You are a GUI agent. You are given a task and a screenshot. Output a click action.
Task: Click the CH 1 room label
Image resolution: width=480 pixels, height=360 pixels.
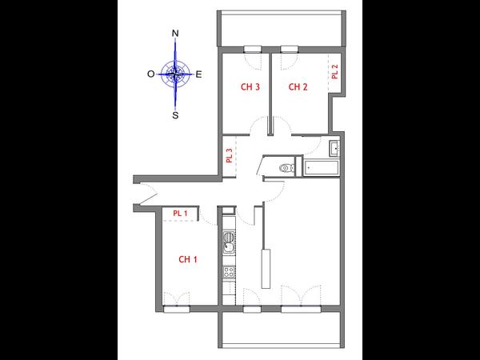click(188, 259)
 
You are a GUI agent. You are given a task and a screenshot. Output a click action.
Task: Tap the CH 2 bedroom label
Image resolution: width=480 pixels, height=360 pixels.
click(298, 87)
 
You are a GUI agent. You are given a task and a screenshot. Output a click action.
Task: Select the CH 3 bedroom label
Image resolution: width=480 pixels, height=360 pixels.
click(250, 87)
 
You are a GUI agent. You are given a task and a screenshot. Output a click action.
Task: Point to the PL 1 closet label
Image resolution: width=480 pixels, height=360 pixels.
click(180, 213)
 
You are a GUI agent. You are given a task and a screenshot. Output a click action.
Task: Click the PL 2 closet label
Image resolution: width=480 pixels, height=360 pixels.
click(334, 70)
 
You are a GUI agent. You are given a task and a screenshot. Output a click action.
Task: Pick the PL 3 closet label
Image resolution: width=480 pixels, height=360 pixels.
click(229, 155)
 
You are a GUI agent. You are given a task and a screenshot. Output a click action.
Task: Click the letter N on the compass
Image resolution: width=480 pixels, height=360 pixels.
click(175, 33)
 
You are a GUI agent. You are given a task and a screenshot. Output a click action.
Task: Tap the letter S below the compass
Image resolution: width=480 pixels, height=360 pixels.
click(175, 114)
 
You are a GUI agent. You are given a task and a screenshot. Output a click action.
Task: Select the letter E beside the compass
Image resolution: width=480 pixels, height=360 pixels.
click(199, 74)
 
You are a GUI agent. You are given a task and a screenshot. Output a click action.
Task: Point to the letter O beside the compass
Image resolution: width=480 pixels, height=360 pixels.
click(150, 74)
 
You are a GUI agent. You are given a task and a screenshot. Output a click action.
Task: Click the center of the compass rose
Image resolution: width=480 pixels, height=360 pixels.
click(175, 74)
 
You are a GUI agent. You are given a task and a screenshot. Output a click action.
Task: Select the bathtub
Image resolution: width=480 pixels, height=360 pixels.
click(322, 167)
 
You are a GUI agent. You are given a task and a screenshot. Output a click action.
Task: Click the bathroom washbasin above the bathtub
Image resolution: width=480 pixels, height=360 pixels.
click(334, 148)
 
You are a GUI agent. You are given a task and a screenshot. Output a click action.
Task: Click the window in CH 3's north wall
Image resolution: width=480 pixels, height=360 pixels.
click(254, 47)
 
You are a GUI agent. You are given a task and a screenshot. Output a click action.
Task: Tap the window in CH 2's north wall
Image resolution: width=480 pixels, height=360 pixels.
click(290, 47)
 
